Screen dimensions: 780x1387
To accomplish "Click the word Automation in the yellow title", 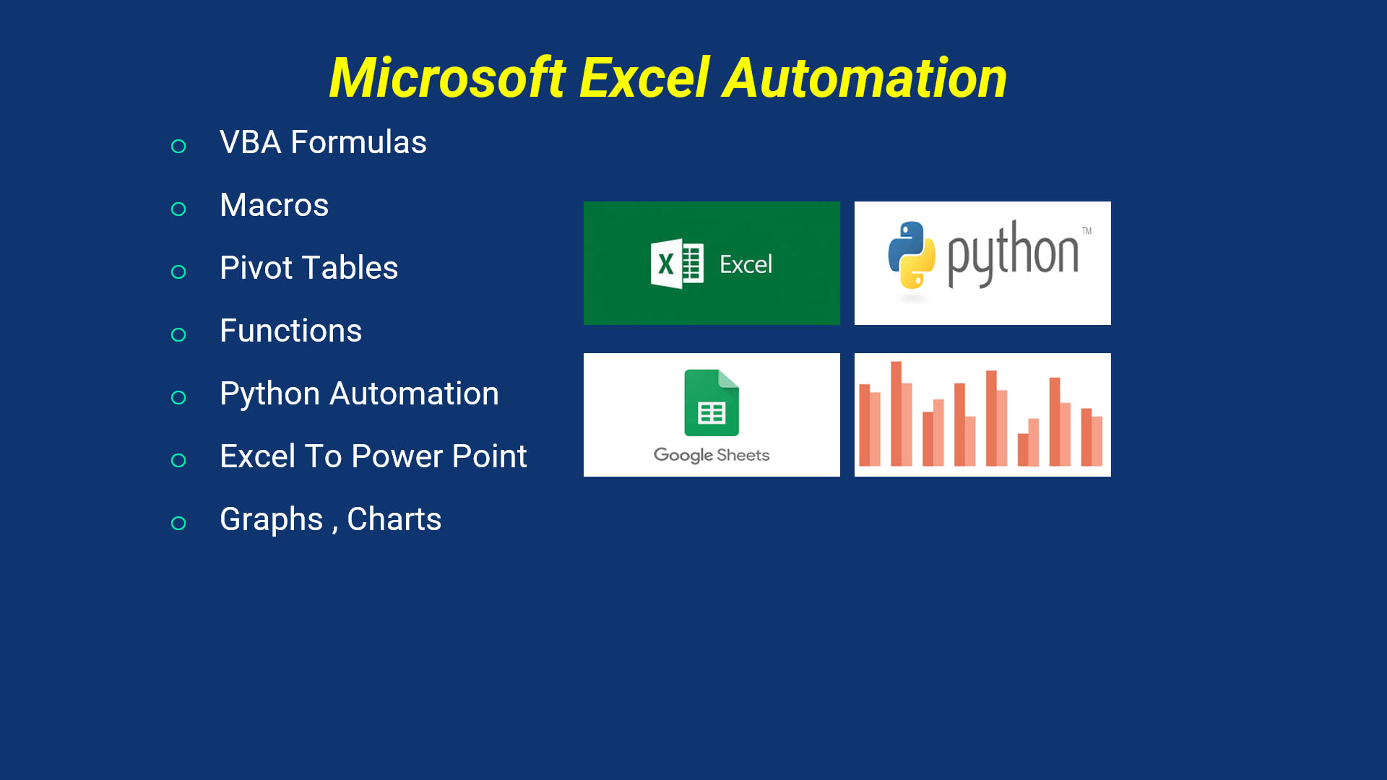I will point(865,78).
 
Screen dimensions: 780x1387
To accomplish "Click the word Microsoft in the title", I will point(447,78).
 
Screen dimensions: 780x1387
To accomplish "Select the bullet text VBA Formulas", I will point(323,142).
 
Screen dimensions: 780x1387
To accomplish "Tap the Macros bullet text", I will point(274,205).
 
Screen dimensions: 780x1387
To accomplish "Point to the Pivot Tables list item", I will point(308,268).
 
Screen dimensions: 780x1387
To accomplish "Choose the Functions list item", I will point(290,331).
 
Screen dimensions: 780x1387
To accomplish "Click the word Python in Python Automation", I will point(269,394).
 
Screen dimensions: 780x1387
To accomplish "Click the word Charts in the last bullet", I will point(394,519).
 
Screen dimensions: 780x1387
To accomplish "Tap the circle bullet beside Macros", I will point(178,209).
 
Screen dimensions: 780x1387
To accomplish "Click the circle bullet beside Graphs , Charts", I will point(178,523).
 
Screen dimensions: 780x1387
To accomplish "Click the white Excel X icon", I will point(676,264).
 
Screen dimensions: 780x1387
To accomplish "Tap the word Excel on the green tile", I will point(746,264).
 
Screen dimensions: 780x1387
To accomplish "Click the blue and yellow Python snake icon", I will point(912,254).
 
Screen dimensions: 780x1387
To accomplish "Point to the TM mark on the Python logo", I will point(1086,231).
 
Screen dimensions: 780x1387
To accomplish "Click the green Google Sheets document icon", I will point(712,402).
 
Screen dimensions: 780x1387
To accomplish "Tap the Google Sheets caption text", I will point(712,455).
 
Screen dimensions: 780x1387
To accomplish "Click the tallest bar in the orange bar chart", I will point(896,413).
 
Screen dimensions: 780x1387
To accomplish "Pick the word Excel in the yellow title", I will point(644,78).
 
